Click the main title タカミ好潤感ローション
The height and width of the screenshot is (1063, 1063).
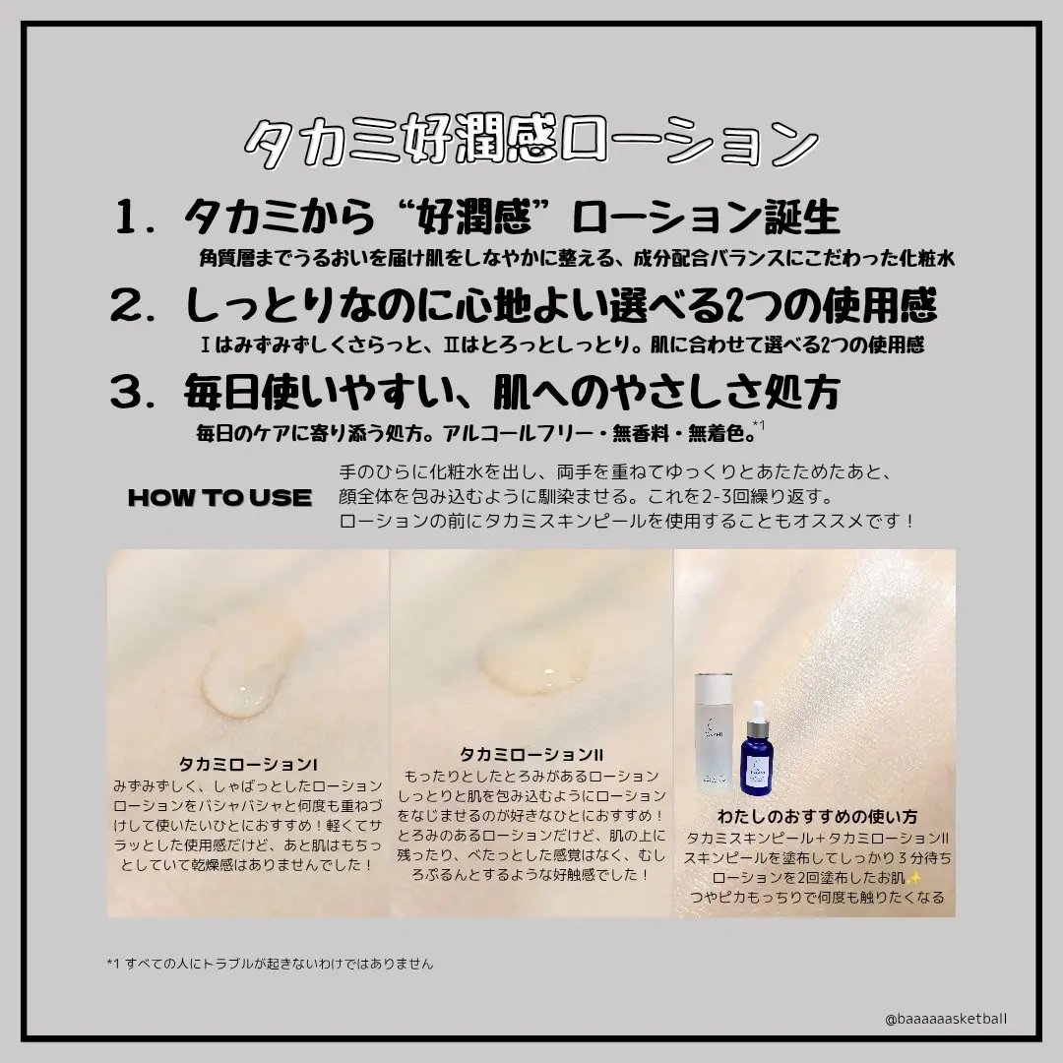[531, 142]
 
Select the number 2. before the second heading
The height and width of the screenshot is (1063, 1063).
[136, 305]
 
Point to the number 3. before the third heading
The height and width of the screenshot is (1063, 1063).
[136, 392]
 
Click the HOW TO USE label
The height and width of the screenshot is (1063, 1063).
[219, 498]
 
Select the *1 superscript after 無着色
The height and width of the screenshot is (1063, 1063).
[759, 425]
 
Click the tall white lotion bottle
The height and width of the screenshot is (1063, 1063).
[714, 733]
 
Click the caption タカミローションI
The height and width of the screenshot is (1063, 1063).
[248, 765]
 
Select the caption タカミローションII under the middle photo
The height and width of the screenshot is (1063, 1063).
[531, 755]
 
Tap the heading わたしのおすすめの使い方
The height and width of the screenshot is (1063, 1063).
[817, 816]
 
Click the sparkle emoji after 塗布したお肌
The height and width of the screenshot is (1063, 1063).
[913, 878]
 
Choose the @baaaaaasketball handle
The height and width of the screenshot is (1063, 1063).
[946, 1019]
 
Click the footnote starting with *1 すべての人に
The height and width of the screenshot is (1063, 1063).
[270, 964]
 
